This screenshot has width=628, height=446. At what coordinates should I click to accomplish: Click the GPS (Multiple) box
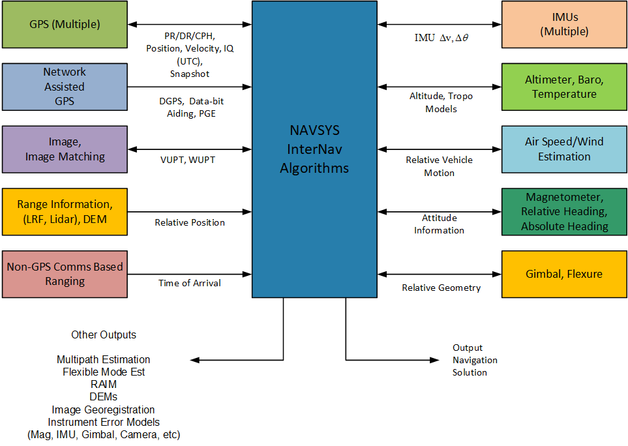pos(65,25)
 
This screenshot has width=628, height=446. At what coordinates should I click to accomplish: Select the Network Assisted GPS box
pos(65,87)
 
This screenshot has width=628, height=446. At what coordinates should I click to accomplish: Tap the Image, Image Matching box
pos(65,149)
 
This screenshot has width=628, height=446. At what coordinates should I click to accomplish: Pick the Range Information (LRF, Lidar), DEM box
pos(65,212)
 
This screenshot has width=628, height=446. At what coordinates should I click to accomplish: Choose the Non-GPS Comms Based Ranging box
pos(65,274)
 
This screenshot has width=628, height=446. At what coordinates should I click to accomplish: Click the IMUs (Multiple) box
pos(563,25)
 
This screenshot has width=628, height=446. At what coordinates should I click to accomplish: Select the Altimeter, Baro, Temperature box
pos(563,87)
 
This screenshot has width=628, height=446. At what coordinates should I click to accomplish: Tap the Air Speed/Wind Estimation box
pos(563,149)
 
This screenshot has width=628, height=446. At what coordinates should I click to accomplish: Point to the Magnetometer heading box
pos(563,212)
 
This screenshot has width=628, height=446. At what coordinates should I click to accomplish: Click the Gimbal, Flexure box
pos(563,274)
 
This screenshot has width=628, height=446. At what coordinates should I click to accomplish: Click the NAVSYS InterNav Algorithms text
pos(314,149)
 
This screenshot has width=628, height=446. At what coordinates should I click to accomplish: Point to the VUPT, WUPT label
pos(189,160)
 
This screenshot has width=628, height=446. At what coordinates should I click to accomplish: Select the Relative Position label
pos(190,222)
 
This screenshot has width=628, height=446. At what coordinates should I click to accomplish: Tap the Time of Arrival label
pos(190,283)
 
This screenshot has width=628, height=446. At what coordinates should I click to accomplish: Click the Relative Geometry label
pos(441,288)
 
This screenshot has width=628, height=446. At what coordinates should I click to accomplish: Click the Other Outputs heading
pos(104,334)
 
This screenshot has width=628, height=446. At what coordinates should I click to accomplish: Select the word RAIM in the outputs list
pos(104,385)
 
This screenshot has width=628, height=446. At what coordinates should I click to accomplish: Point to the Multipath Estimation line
pos(104,359)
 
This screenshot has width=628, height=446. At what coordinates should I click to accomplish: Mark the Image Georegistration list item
pos(104,409)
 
